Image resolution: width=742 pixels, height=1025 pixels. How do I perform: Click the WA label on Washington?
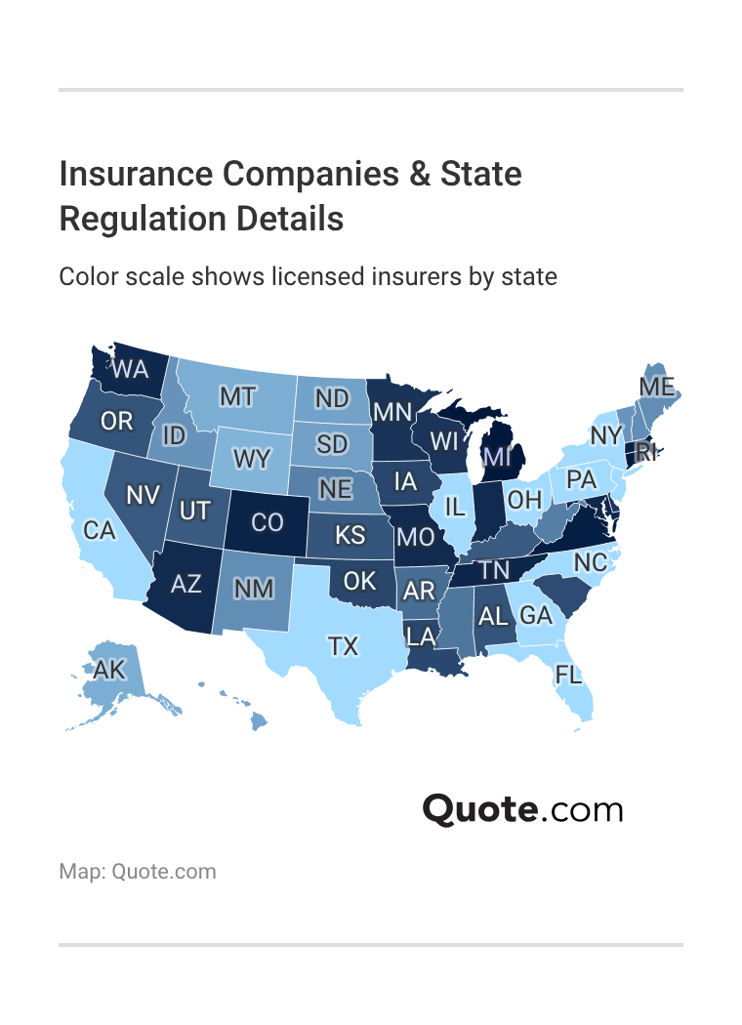pyautogui.click(x=130, y=369)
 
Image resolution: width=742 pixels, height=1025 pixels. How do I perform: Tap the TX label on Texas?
pyautogui.click(x=343, y=646)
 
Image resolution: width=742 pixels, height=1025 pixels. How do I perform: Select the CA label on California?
pyautogui.click(x=101, y=530)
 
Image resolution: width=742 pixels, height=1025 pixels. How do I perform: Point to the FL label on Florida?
pyautogui.click(x=568, y=674)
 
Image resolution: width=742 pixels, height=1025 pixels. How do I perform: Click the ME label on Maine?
pyautogui.click(x=657, y=387)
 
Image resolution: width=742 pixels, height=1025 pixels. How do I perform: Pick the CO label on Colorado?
pyautogui.click(x=267, y=522)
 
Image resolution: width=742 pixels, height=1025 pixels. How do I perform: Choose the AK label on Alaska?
pyautogui.click(x=110, y=671)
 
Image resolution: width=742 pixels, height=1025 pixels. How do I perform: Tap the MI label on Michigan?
pyautogui.click(x=497, y=456)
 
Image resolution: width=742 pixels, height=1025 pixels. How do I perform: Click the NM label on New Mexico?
pyautogui.click(x=254, y=589)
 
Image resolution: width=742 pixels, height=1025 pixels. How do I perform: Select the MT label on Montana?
pyautogui.click(x=237, y=396)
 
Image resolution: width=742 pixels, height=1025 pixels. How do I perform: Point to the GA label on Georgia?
pyautogui.click(x=536, y=615)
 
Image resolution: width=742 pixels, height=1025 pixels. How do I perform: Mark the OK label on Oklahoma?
pyautogui.click(x=360, y=581)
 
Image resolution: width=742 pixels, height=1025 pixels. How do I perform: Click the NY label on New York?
pyautogui.click(x=605, y=434)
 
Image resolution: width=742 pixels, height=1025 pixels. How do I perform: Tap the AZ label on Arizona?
pyautogui.click(x=185, y=584)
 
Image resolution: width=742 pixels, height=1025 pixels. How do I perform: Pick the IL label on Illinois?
pyautogui.click(x=454, y=506)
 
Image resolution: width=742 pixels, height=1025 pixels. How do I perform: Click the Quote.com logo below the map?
pyautogui.click(x=522, y=810)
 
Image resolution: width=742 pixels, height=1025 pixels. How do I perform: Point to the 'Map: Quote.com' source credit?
pyautogui.click(x=138, y=871)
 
